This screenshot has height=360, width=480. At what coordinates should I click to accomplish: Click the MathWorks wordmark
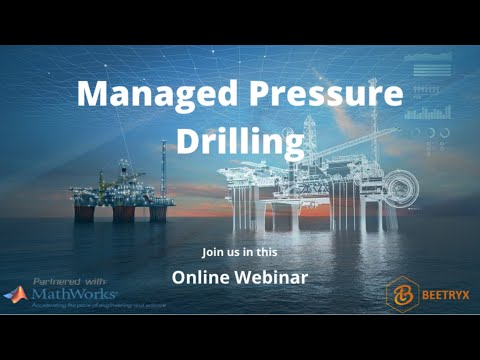click(75, 295)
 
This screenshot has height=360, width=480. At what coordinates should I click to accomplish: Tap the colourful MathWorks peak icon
click(17, 295)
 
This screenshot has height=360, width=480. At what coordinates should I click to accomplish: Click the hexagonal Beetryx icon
click(400, 294)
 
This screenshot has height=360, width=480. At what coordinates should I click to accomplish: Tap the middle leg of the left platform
click(124, 211)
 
